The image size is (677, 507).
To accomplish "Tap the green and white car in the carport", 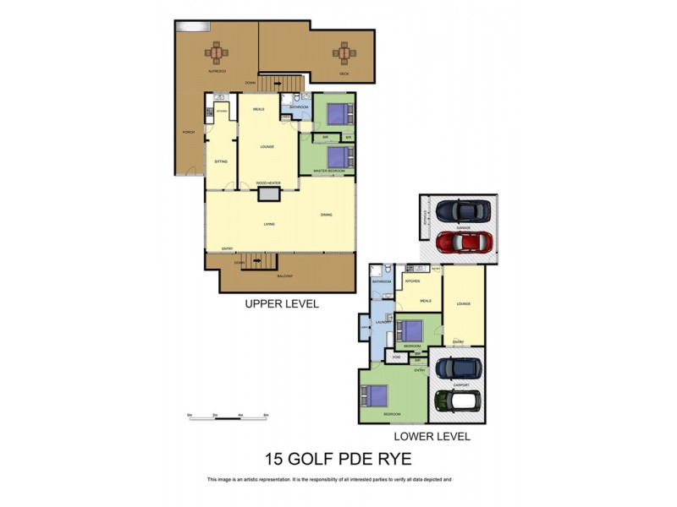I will click(x=458, y=400).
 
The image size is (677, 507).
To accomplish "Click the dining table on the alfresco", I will click(x=217, y=53).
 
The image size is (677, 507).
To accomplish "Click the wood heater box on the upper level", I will click(x=269, y=194).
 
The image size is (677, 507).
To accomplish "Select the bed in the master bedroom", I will click(x=338, y=156).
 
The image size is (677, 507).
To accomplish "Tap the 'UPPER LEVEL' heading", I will click(x=281, y=304).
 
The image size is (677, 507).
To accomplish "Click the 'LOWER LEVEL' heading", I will click(x=432, y=437).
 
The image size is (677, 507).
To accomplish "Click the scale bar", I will click(x=228, y=417).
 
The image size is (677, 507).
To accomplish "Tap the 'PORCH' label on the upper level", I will click(x=188, y=133).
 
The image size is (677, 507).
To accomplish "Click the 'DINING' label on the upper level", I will click(x=326, y=215).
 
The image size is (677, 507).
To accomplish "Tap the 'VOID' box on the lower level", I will click(x=396, y=357).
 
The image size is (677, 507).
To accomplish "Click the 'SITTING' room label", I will click(x=220, y=160).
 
